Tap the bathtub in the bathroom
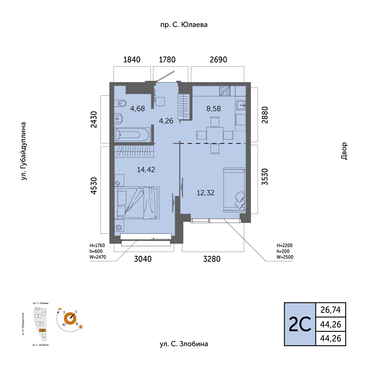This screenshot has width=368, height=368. (x=132, y=135)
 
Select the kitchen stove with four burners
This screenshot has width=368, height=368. (x=225, y=91)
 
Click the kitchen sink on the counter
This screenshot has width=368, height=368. (x=241, y=105)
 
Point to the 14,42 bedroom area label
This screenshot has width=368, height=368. (x=146, y=169)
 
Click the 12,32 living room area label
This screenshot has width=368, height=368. (x=205, y=193)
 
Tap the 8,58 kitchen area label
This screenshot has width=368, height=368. (x=214, y=108)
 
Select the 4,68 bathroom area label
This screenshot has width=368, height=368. (x=138, y=108)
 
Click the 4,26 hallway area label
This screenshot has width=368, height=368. (x=166, y=121)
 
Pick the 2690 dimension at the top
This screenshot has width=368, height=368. (x=218, y=60)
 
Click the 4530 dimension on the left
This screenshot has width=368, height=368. (x=94, y=186)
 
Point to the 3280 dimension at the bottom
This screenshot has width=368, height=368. (x=212, y=259)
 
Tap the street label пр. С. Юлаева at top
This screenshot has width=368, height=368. (x=184, y=25)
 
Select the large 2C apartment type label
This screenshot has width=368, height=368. (x=300, y=324)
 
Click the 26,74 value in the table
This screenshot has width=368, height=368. (x=331, y=310)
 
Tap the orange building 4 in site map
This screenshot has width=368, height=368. (x=43, y=330)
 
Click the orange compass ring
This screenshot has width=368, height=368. (x=70, y=319)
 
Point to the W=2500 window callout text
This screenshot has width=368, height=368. (x=285, y=257)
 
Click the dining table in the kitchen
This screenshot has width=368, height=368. (x=215, y=135)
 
